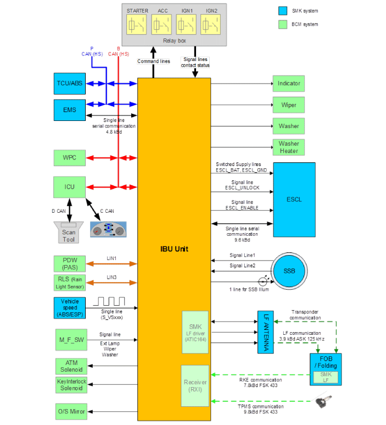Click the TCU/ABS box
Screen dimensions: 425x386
(x=69, y=84)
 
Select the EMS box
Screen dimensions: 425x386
(x=69, y=110)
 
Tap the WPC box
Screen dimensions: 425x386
(x=69, y=158)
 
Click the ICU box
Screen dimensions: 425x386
(x=69, y=187)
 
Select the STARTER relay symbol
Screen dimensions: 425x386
(x=137, y=25)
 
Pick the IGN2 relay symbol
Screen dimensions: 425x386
(x=211, y=25)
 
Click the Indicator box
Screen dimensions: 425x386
(x=288, y=84)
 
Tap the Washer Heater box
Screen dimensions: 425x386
(x=288, y=147)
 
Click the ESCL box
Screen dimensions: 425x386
(x=294, y=199)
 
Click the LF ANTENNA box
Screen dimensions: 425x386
(x=265, y=332)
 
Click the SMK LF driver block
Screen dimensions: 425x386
(x=195, y=333)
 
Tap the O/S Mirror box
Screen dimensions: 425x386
(x=69, y=411)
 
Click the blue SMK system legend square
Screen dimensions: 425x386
(x=283, y=10)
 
